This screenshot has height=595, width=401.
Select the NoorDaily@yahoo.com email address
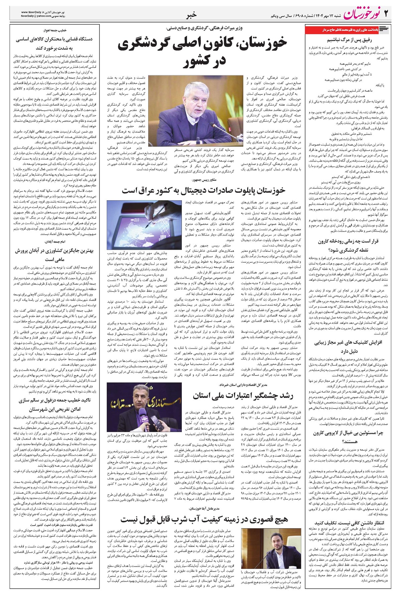[35, 16]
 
